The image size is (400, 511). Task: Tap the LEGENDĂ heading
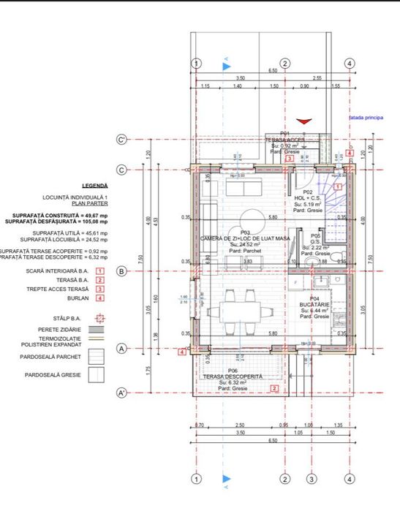[95, 186]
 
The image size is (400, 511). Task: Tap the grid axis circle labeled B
[122, 271]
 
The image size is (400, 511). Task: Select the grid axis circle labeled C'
[122, 139]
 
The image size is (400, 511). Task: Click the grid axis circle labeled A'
[122, 394]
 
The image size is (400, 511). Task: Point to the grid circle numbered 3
[311, 479]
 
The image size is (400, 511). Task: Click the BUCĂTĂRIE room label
[314, 305]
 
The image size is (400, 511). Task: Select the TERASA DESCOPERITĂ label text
[232, 377]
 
